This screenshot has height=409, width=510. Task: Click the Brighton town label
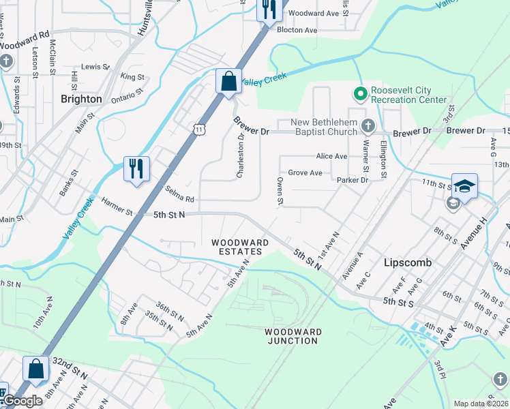point(81,99)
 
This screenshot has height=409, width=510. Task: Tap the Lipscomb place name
point(405,262)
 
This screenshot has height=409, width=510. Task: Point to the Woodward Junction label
point(292,335)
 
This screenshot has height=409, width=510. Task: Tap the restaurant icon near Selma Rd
point(136,168)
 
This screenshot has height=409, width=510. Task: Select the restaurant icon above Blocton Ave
point(268,10)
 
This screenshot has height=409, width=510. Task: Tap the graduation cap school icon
point(464,186)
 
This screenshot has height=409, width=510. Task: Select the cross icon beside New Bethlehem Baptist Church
point(368,125)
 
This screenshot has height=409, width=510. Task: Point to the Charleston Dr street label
point(240,156)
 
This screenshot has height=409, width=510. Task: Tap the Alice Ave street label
point(332,156)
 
